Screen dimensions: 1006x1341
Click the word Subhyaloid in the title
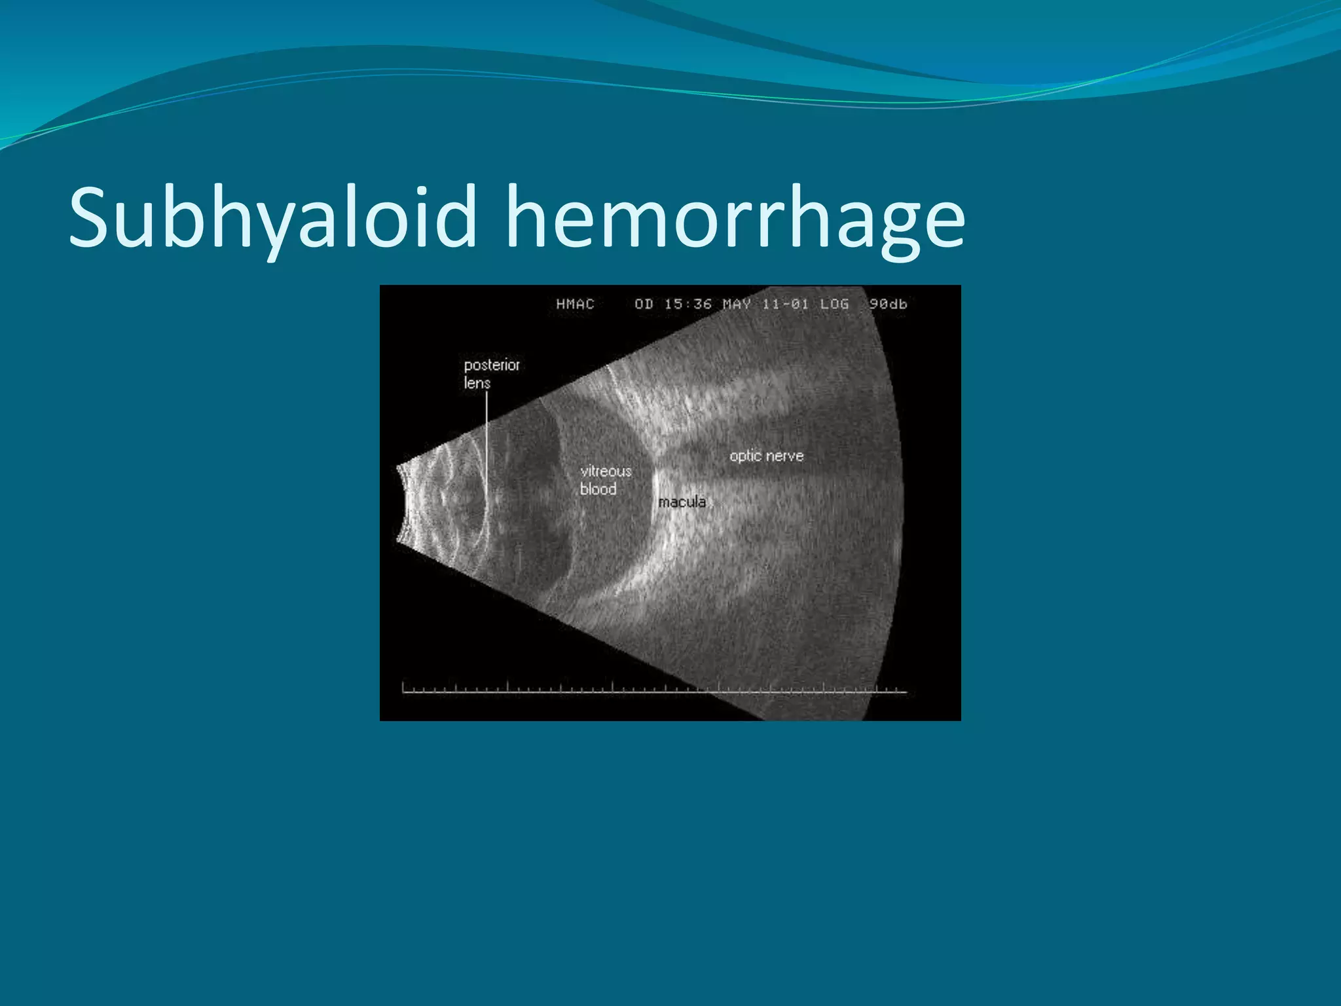coord(272,217)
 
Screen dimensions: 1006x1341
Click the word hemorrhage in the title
coord(735,217)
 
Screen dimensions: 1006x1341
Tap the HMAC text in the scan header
coord(575,304)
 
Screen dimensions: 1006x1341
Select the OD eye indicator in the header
coord(644,304)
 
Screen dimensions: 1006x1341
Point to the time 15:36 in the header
coord(688,304)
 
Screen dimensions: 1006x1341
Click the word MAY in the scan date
coord(737,304)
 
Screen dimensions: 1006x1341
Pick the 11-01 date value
coord(785,304)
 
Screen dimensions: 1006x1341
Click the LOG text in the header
coord(834,304)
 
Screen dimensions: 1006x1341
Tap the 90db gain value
coord(888,304)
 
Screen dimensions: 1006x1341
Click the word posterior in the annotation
coord(492,365)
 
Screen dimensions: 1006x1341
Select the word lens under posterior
coord(477,383)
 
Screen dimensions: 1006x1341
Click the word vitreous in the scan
coord(606,471)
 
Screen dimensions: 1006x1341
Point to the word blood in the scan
coord(598,489)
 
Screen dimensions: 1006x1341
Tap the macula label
coord(682,502)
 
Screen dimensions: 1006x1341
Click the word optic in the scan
coord(745,456)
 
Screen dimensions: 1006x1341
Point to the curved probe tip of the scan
coord(401,504)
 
